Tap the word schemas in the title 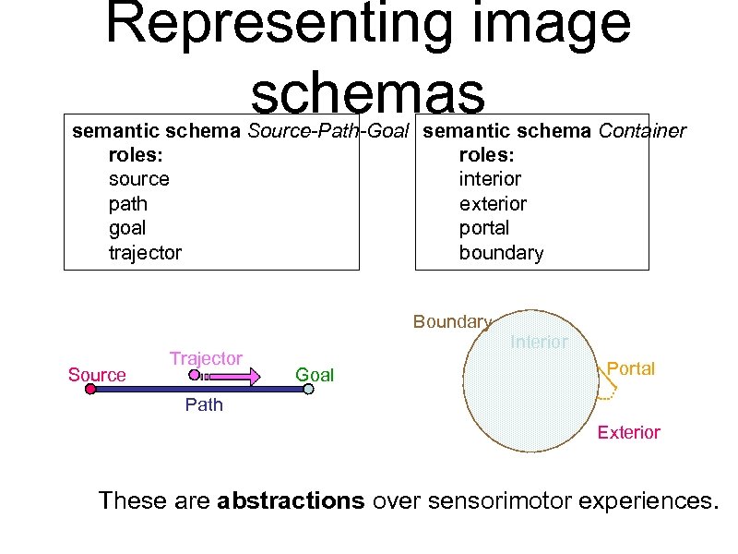pyautogui.click(x=367, y=92)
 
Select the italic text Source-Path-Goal pyautogui.click(x=327, y=131)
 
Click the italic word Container pyautogui.click(x=642, y=131)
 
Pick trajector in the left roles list pyautogui.click(x=145, y=252)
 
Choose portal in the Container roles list pyautogui.click(x=483, y=228)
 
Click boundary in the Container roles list pyautogui.click(x=501, y=252)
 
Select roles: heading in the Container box pyautogui.click(x=486, y=155)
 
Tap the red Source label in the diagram pyautogui.click(x=97, y=375)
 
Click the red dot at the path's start pyautogui.click(x=90, y=390)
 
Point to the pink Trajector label pyautogui.click(x=206, y=358)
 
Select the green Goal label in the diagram pyautogui.click(x=314, y=375)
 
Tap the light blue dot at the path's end pyautogui.click(x=308, y=390)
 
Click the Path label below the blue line pyautogui.click(x=204, y=404)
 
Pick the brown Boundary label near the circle pyautogui.click(x=452, y=321)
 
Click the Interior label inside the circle pyautogui.click(x=539, y=342)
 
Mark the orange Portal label pyautogui.click(x=631, y=368)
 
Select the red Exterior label pyautogui.click(x=628, y=432)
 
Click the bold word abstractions pyautogui.click(x=291, y=501)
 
